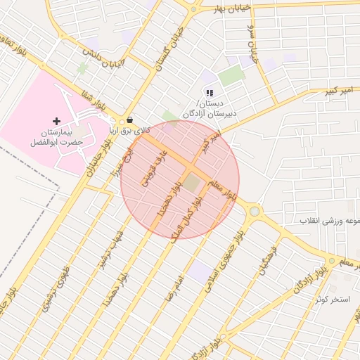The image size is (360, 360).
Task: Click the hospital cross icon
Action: point(57,122)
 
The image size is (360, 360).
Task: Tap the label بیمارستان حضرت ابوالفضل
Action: point(57,137)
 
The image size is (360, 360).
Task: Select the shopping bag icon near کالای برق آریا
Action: point(129,120)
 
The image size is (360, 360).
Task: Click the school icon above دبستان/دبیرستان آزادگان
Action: point(209,92)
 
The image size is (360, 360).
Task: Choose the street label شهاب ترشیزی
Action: point(110,246)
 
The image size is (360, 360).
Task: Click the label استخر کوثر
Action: point(333,300)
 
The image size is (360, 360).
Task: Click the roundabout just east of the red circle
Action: point(254,210)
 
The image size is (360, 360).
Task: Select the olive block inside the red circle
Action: point(191,184)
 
